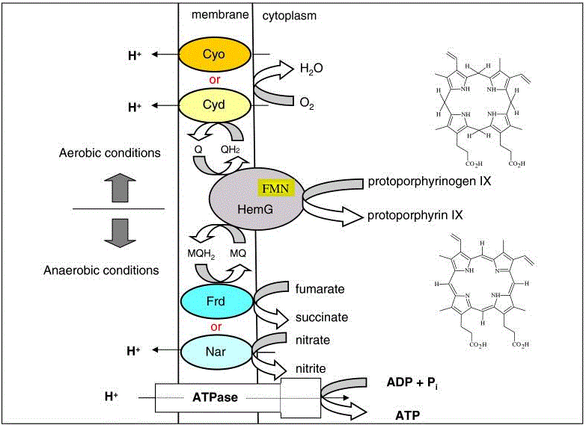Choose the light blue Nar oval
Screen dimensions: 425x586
pos(214,350)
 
